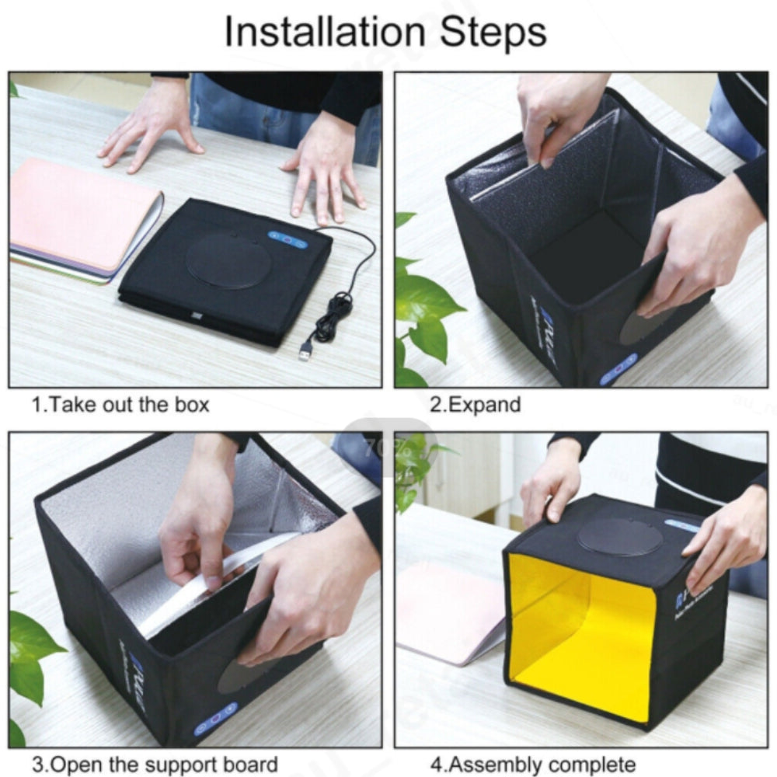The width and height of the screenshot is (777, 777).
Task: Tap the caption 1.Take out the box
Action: tap(120, 405)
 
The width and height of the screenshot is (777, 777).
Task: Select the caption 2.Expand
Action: tap(476, 405)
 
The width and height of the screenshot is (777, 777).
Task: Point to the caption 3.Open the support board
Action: tap(155, 764)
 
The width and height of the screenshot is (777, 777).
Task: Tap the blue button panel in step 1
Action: tap(288, 239)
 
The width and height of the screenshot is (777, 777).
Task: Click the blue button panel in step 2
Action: tap(618, 369)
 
